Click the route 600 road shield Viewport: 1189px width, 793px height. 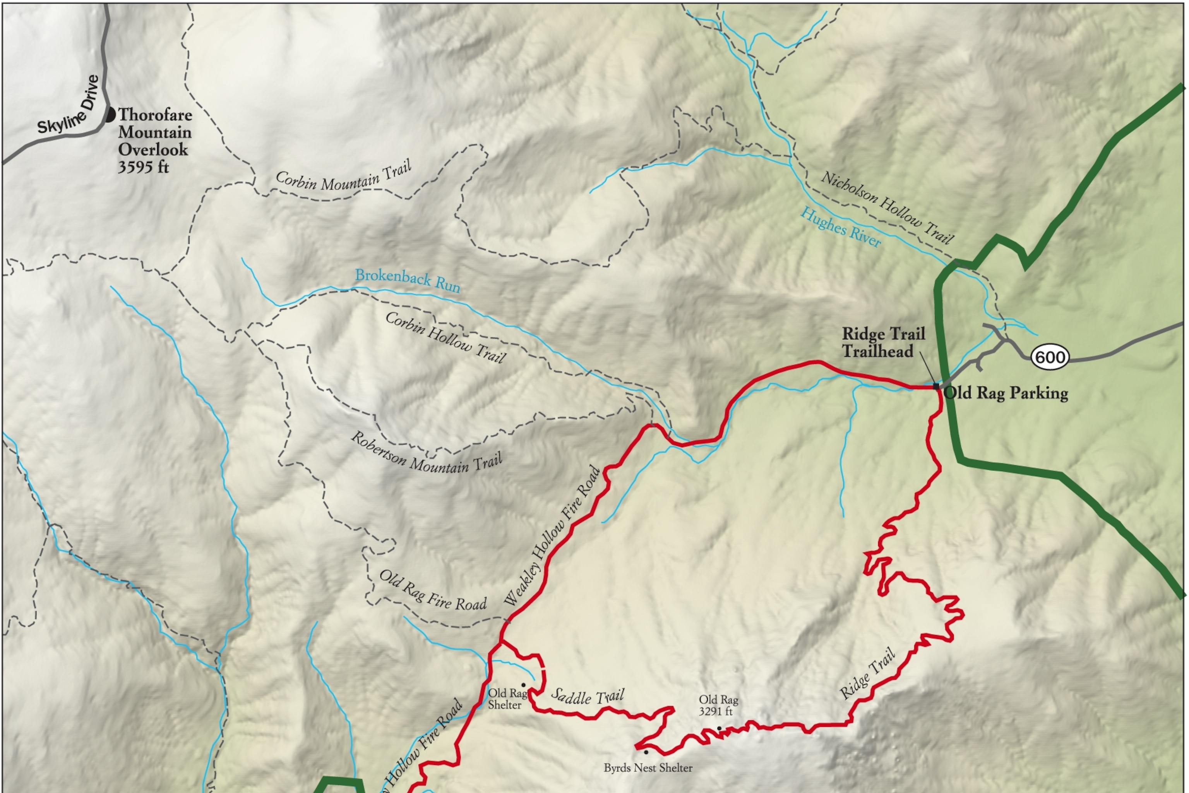click(x=1050, y=357)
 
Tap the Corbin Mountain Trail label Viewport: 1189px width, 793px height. click(x=343, y=177)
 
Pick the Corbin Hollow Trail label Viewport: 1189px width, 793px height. click(x=445, y=337)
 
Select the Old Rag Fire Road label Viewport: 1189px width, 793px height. click(x=433, y=591)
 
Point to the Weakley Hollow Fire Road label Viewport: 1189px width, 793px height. click(x=553, y=536)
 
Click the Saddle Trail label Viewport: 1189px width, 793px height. click(x=588, y=697)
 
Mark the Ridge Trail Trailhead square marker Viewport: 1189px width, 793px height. click(x=936, y=386)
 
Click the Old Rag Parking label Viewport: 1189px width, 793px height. click(x=1006, y=393)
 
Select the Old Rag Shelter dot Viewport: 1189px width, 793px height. click(x=523, y=685)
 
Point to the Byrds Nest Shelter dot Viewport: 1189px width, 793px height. click(x=646, y=752)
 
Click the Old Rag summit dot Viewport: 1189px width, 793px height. click(x=719, y=728)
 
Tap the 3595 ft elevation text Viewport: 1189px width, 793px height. click(x=143, y=167)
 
